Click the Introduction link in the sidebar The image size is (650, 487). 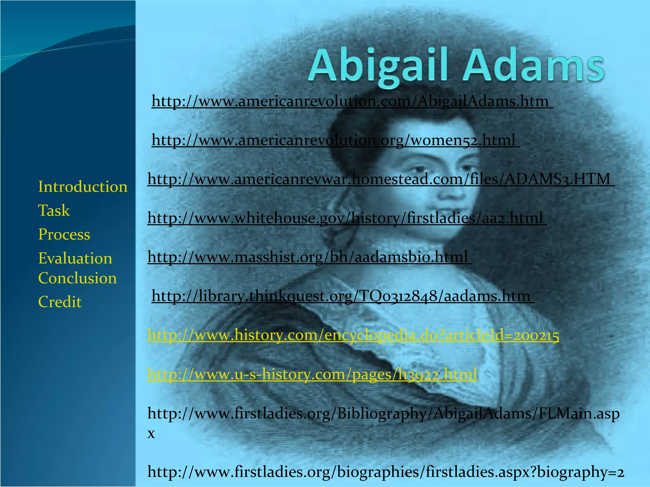pos(83,187)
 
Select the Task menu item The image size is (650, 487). pos(54,211)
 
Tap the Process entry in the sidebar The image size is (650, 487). pos(64,235)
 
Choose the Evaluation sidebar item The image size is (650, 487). pos(75,258)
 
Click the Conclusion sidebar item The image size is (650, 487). pos(77,278)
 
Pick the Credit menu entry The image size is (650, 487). pos(60,302)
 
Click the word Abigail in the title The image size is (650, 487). pos(379,67)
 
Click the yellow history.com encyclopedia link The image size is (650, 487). pos(353,335)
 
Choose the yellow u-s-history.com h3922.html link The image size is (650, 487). pos(312,374)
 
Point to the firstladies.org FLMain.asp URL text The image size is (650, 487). pos(383,414)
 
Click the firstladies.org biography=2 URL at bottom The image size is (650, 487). pos(385,472)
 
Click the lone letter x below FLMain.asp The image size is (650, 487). pos(151,433)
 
